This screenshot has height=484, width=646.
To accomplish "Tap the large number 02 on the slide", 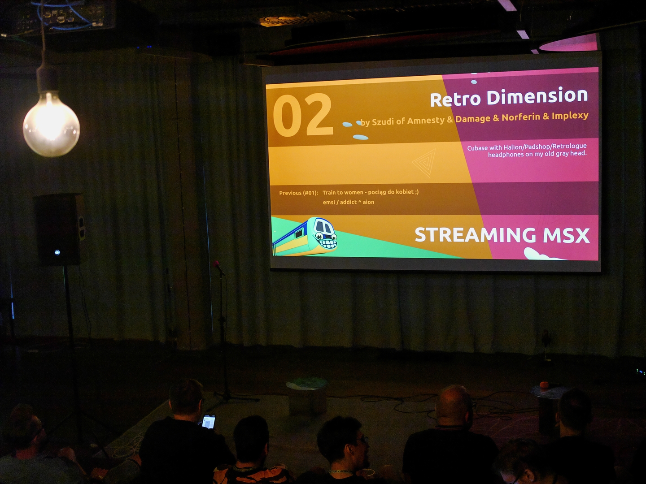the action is (x=303, y=115).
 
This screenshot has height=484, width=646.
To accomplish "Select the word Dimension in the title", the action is (x=537, y=96).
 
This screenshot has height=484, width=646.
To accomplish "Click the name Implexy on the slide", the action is (x=570, y=116).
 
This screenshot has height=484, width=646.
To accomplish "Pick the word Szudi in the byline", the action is (x=383, y=121).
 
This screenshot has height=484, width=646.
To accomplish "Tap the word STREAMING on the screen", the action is (x=475, y=235).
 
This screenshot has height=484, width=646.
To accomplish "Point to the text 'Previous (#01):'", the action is (x=298, y=193).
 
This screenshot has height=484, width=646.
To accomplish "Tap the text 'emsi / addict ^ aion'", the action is (x=349, y=202).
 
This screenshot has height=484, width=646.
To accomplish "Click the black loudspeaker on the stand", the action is (x=60, y=229).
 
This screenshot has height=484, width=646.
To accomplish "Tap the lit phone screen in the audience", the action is (x=209, y=422).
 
